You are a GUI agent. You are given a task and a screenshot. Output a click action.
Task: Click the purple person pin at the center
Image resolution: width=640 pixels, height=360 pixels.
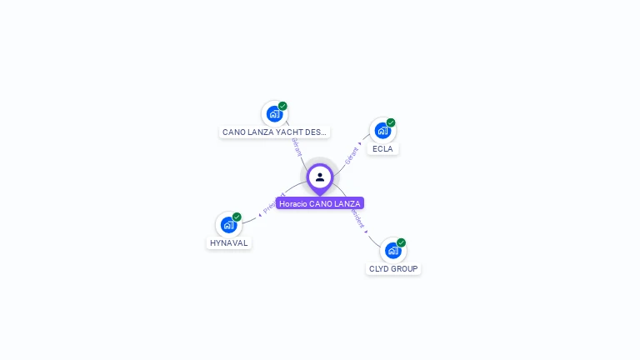click(x=320, y=177)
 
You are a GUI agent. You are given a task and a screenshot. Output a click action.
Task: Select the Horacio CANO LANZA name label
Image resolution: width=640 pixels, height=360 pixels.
click(x=320, y=203)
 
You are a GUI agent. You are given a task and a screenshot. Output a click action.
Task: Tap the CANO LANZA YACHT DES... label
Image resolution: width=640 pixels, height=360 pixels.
click(x=274, y=132)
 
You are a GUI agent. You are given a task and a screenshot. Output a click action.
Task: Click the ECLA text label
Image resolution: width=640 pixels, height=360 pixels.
click(x=382, y=149)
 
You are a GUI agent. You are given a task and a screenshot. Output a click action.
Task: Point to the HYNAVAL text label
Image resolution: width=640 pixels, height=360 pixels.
click(x=228, y=242)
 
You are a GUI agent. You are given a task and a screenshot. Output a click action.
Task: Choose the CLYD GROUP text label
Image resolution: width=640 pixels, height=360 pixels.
click(x=393, y=268)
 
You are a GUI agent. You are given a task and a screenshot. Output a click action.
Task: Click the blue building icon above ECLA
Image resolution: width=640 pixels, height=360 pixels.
click(x=382, y=130)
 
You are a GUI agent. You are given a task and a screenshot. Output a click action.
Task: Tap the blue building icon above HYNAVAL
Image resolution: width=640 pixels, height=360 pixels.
click(x=228, y=224)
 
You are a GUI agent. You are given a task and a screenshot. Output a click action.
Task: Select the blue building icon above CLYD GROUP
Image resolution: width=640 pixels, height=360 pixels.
click(x=393, y=250)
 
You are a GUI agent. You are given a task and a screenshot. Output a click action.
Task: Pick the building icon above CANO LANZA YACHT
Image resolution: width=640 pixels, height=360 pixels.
click(x=274, y=114)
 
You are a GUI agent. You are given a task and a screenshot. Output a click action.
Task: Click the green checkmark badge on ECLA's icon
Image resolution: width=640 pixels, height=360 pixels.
click(x=391, y=122)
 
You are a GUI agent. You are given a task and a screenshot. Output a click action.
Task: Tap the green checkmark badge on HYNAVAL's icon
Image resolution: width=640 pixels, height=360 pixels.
click(x=237, y=217)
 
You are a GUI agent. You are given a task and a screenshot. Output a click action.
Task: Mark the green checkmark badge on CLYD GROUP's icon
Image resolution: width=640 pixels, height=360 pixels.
click(x=402, y=242)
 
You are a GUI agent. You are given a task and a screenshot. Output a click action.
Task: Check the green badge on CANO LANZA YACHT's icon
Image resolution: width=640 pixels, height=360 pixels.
click(x=282, y=106)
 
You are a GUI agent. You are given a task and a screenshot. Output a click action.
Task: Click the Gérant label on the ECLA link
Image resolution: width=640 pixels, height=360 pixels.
click(x=353, y=154)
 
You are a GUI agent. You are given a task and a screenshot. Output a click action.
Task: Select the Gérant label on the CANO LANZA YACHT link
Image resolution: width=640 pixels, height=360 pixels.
click(x=296, y=146)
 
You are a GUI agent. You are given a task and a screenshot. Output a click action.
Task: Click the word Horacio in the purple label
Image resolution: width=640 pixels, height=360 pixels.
click(x=293, y=203)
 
